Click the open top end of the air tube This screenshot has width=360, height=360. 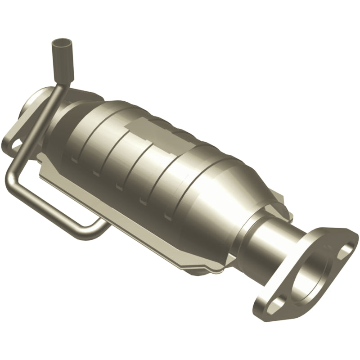pos(58,44)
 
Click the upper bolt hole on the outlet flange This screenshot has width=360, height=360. pos(347,249)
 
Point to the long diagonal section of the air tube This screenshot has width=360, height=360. pos(38,135)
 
